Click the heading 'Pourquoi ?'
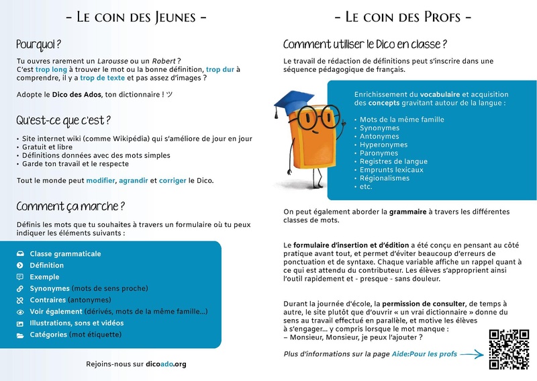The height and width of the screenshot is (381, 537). click(x=39, y=44)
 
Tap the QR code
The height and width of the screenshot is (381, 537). click(x=509, y=349)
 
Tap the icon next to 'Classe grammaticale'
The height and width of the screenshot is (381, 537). click(x=19, y=254)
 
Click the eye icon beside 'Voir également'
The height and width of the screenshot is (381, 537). click(x=19, y=312)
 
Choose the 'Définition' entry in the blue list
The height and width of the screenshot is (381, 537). click(x=47, y=265)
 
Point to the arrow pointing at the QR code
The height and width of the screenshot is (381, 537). click(x=473, y=353)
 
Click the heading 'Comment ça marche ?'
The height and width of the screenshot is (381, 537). click(x=70, y=206)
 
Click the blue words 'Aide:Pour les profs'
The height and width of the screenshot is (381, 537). click(x=424, y=353)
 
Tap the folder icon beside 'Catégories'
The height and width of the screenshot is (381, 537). click(x=19, y=335)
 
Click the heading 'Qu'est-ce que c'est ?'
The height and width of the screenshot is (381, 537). click(x=64, y=120)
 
